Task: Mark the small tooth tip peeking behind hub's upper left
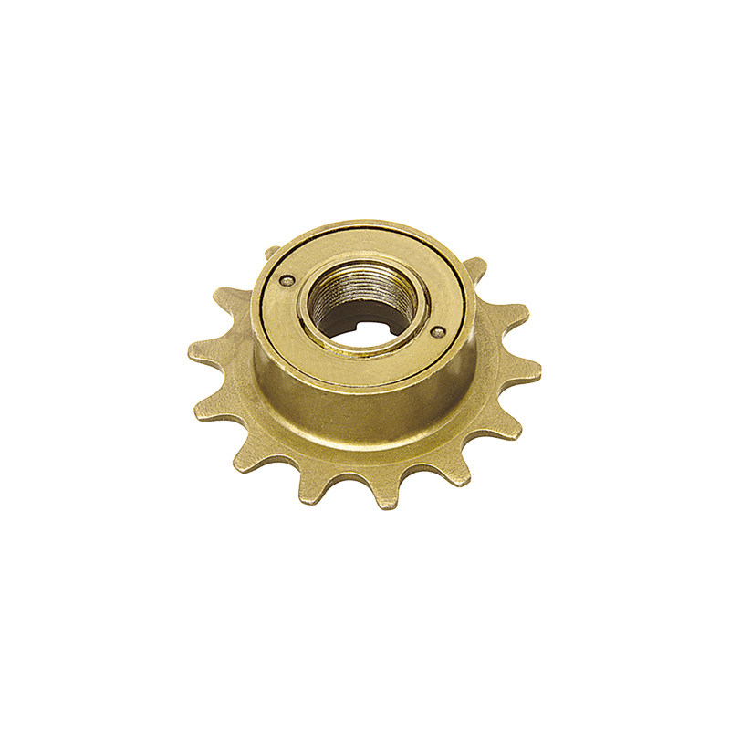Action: pos(271,251)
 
